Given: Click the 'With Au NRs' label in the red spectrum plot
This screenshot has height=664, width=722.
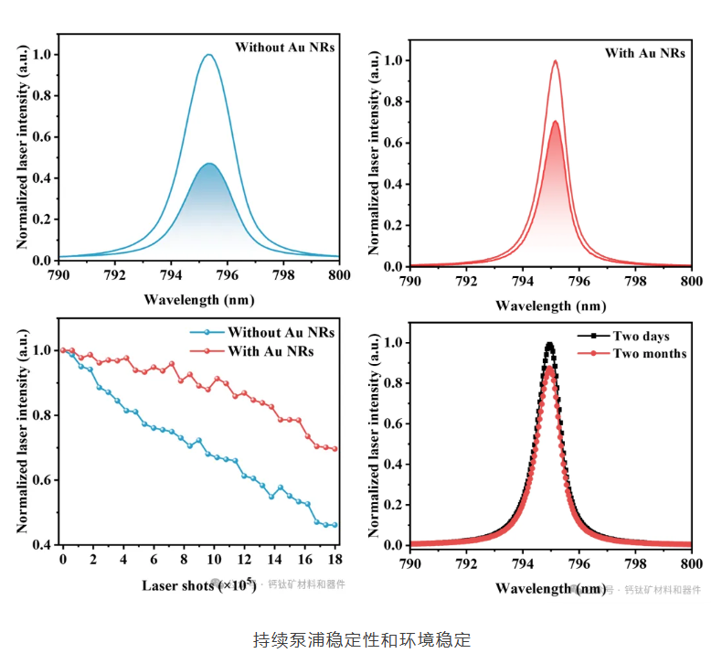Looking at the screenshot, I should (x=644, y=53).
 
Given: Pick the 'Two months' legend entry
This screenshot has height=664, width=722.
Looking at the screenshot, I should (x=649, y=353).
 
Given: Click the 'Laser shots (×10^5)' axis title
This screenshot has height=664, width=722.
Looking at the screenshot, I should (x=198, y=584).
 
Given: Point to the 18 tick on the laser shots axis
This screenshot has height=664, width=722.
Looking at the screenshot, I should (x=335, y=558).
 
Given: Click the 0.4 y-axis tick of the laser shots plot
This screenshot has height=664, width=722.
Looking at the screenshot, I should (x=43, y=545).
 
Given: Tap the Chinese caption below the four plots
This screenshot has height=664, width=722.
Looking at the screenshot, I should (x=361, y=639).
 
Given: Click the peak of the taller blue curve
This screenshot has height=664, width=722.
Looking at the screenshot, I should (x=208, y=55).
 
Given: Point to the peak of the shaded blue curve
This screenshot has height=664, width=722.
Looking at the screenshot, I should (x=209, y=164).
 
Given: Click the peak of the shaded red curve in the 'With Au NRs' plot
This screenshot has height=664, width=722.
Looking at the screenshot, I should (x=554, y=122).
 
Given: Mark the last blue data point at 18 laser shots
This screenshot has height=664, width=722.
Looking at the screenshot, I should (x=334, y=525).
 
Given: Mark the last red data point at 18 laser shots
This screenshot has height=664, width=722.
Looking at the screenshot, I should (x=334, y=449).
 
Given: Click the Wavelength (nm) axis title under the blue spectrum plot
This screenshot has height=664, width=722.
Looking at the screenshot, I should (x=198, y=299).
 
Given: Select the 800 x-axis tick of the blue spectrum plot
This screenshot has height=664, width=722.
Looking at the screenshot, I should (x=339, y=273).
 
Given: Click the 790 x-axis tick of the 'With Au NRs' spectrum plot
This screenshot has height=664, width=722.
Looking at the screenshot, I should (x=410, y=280).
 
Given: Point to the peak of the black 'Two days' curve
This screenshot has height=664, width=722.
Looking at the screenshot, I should (x=549, y=345).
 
